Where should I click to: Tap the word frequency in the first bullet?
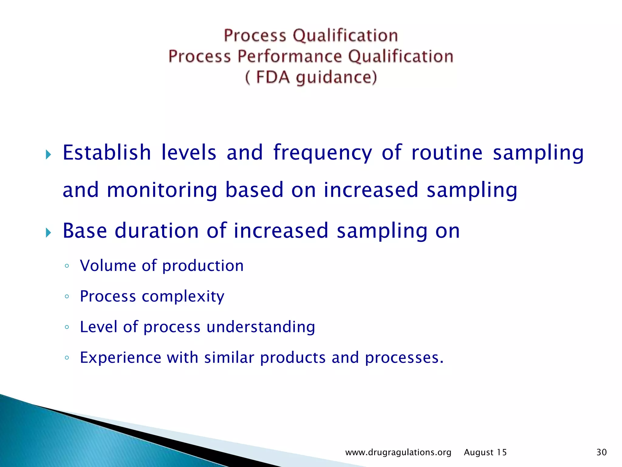(323, 153)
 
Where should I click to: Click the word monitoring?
(162, 190)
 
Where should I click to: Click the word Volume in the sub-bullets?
(108, 265)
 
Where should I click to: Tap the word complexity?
(183, 296)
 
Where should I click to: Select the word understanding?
(261, 327)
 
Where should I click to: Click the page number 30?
(601, 452)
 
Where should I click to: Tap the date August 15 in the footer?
(485, 452)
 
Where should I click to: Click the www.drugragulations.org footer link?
(398, 452)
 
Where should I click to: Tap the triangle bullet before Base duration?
(48, 233)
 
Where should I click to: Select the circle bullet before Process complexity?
(67, 296)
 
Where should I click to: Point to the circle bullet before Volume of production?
(67, 266)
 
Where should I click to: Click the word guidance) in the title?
(336, 77)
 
